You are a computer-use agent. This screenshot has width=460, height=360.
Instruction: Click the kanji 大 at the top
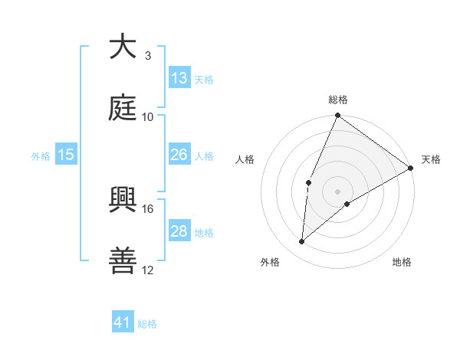[122, 47]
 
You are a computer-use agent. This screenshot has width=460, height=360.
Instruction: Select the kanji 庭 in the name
[122, 109]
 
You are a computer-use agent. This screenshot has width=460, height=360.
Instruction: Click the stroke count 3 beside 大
[147, 55]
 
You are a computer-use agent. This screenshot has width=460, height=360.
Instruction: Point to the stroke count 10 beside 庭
[148, 117]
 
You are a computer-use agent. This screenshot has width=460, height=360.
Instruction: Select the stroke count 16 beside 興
[148, 208]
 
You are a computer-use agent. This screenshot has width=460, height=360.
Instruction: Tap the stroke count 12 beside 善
[148, 270]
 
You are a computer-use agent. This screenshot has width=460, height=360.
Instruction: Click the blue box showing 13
[179, 78]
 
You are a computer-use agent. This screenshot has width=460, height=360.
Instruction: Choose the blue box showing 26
[179, 155]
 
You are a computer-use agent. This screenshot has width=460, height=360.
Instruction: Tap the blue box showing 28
[179, 231]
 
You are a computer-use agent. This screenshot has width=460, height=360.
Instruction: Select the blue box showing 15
[66, 155]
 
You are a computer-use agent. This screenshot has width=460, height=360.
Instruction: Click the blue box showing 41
[123, 322]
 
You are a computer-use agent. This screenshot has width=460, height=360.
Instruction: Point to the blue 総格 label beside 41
[147, 324]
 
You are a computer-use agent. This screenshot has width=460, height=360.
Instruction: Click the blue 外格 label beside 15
[41, 155]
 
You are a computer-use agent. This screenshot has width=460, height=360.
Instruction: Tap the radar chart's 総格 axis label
[338, 100]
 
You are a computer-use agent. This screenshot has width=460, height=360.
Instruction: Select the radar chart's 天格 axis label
[431, 159]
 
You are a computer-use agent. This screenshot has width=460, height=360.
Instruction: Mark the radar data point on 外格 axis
[302, 242]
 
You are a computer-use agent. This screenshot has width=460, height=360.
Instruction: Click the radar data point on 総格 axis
[337, 116]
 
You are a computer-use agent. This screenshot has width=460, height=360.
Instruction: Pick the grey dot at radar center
[337, 191]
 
